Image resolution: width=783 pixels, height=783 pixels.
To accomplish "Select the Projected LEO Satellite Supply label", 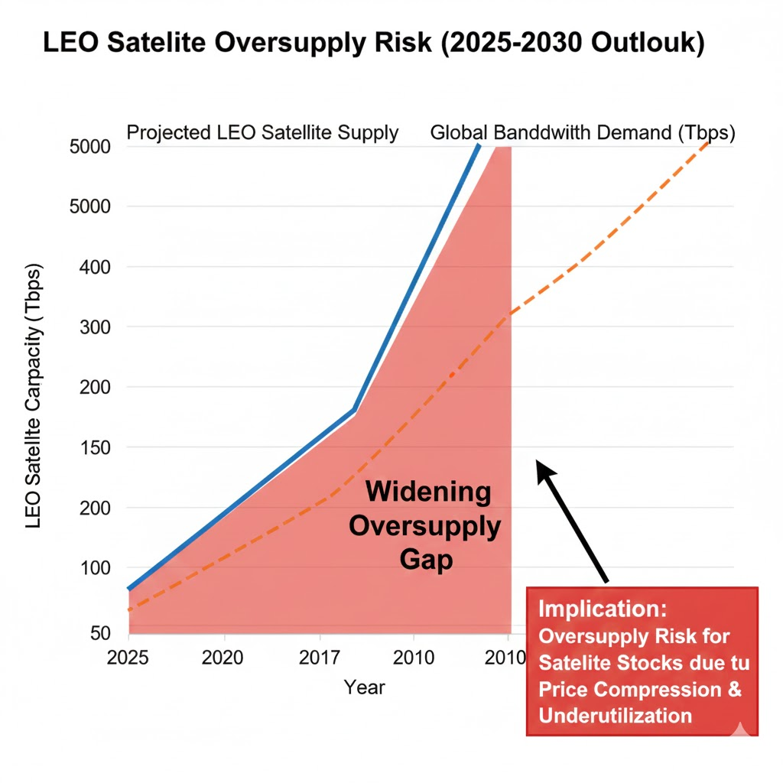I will click(x=262, y=132).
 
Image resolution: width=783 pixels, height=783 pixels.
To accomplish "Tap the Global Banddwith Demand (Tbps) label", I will click(x=582, y=132).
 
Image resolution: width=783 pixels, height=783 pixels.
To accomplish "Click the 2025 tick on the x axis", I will click(x=129, y=658).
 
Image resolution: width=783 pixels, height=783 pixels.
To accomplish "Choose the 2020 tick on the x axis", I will click(x=224, y=658).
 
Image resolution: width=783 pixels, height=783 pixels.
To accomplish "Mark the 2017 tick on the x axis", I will click(x=319, y=658).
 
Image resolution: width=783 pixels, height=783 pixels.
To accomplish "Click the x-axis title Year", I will click(x=364, y=687).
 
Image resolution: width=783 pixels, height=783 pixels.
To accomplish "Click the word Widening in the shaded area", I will click(x=428, y=492).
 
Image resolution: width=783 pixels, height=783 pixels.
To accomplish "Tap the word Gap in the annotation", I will click(x=427, y=560).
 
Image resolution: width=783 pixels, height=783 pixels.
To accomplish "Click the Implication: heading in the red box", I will click(x=603, y=609).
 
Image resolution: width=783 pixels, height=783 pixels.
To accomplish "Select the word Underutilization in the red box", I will click(x=616, y=716).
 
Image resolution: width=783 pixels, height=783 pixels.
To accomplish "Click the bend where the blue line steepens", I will click(x=354, y=411).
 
